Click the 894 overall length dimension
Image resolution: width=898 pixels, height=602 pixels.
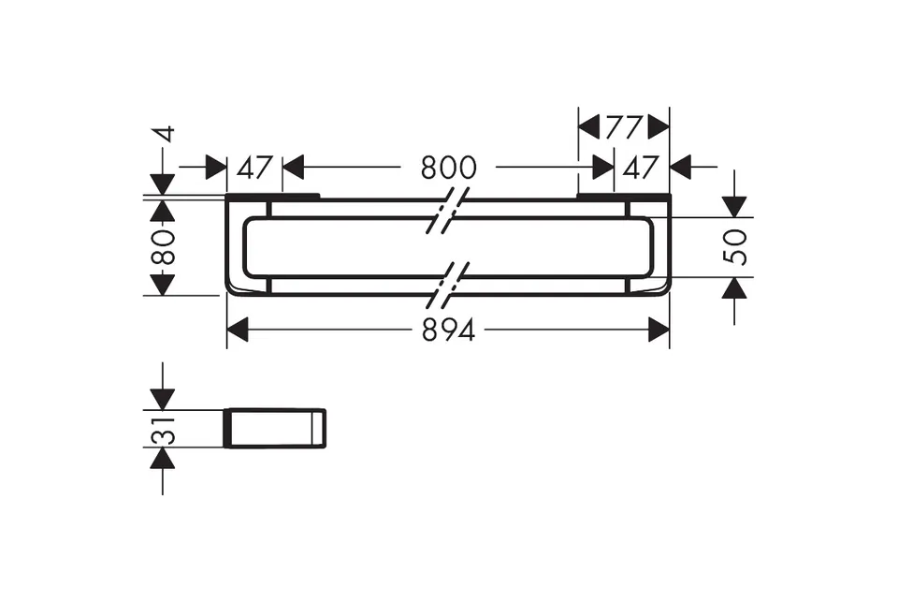(x=448, y=330)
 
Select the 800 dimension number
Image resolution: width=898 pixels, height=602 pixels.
(x=448, y=168)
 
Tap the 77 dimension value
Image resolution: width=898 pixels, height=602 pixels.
(x=624, y=127)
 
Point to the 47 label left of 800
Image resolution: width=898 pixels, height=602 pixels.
(x=254, y=168)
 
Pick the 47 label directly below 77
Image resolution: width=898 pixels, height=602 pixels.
(x=640, y=168)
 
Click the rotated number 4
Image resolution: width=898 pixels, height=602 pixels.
(x=165, y=134)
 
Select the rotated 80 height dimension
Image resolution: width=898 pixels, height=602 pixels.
(x=163, y=246)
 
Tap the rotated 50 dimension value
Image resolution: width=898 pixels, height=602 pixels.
(x=735, y=247)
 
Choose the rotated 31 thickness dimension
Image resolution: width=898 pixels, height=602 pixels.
(x=163, y=430)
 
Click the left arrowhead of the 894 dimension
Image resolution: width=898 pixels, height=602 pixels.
(x=238, y=330)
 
